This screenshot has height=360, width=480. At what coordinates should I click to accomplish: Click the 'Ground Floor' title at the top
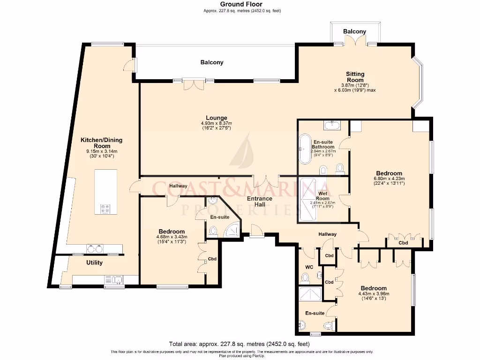pos(238,4)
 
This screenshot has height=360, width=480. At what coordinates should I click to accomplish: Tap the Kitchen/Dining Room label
pos(102,143)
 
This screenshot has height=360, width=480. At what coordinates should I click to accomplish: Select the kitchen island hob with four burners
pos(105,209)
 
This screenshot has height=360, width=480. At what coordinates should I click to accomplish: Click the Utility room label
pos(94,263)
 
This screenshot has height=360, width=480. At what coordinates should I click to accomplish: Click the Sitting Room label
pos(355,77)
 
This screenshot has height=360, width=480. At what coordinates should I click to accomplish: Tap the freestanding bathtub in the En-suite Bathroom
pos(305,149)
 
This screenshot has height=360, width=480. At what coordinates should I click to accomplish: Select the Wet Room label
pos(322,196)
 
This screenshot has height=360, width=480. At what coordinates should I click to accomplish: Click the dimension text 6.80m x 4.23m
pos(389,179)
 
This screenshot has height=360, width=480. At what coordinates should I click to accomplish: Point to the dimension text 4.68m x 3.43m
pos(172,237)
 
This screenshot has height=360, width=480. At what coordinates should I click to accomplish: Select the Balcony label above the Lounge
pos(212,62)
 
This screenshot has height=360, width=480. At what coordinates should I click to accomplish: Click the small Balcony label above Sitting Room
pos(354,31)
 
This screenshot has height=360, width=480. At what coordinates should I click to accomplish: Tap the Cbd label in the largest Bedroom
pos(403,243)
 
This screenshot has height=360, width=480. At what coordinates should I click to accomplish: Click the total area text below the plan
pos(240,343)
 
